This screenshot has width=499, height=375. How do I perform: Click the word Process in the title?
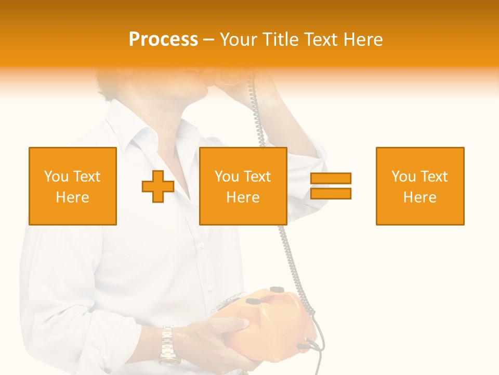pos(163,40)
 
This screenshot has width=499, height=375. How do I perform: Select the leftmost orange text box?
pos(73,186)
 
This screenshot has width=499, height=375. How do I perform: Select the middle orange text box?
pos(243,186)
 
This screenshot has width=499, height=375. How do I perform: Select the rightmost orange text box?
pos(420,186)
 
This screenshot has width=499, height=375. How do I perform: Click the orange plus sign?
pos(158,186)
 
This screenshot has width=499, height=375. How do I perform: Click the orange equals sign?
pos(331,186)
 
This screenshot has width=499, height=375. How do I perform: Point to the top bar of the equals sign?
pos(331,179)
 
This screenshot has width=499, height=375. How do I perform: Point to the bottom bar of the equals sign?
pos(331,193)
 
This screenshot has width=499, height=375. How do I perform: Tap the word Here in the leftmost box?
pos(73,197)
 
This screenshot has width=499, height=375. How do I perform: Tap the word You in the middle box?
pos(227,177)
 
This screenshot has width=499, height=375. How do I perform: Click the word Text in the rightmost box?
pos(435,177)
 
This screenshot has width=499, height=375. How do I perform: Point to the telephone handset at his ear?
pos(234,78)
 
